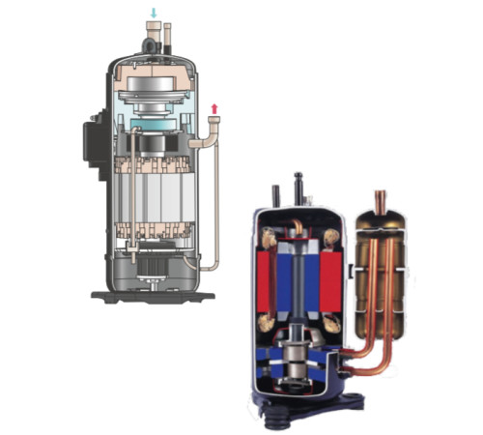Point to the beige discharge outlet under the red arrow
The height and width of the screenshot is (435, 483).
(x=213, y=124)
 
